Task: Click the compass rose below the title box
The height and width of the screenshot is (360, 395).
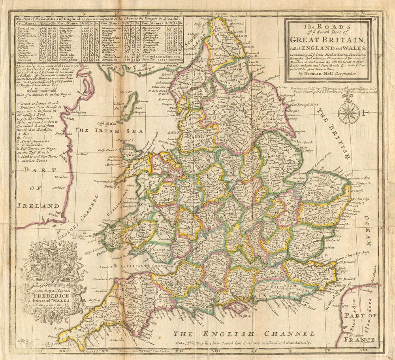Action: coord(349,113)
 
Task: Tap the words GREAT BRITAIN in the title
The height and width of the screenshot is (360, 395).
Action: coord(327,40)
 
